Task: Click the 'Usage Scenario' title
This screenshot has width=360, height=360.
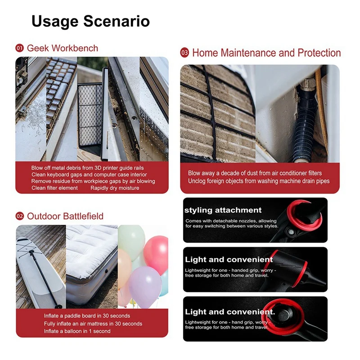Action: [91, 22]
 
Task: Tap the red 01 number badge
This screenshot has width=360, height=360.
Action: [19, 48]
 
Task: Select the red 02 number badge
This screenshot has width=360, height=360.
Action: [20, 216]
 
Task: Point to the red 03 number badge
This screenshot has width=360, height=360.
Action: [184, 53]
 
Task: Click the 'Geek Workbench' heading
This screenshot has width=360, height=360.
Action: [63, 48]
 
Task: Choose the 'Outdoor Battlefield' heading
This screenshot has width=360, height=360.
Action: [65, 216]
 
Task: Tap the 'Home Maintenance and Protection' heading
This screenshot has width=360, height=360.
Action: [266, 53]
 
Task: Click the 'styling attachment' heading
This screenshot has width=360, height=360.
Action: [223, 210]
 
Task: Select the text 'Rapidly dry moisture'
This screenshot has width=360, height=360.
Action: [115, 188]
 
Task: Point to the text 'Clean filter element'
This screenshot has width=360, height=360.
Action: [54, 188]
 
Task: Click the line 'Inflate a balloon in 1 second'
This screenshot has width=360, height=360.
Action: [77, 331]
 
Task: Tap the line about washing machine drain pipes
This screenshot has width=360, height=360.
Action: [259, 181]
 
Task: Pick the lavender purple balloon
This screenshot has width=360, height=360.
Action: [145, 287]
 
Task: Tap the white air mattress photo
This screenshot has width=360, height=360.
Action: [92, 266]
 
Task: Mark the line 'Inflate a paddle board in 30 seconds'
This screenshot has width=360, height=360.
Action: [87, 316]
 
